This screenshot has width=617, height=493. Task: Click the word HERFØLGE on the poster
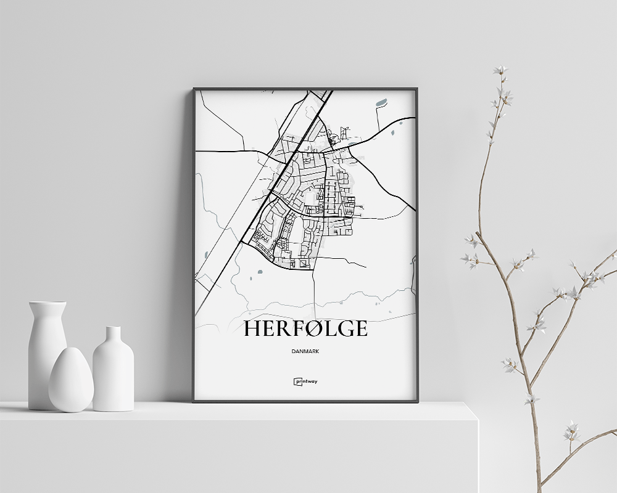(x=305, y=328)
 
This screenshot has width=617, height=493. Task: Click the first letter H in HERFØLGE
(x=253, y=328)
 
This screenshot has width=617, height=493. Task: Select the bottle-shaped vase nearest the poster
(x=113, y=373)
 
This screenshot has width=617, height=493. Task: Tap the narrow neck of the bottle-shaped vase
(x=113, y=336)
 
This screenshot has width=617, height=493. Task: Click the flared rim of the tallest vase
(x=47, y=303)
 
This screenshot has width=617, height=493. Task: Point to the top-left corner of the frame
(x=194, y=89)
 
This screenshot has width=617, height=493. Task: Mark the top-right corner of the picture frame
(x=417, y=89)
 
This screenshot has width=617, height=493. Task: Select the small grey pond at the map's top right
(x=381, y=102)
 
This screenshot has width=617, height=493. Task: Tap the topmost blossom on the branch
(x=500, y=70)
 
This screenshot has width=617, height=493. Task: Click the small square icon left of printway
(x=297, y=381)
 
